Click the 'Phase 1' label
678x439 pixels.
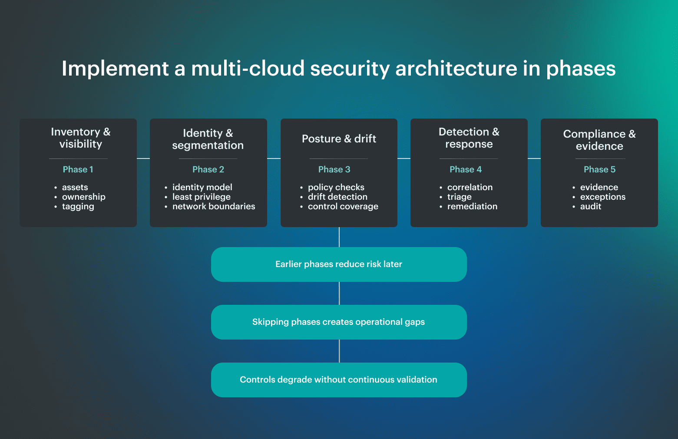click(x=78, y=169)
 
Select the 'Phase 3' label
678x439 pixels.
click(x=334, y=169)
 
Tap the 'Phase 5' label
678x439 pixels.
click(x=599, y=169)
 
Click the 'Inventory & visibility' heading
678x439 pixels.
click(x=81, y=138)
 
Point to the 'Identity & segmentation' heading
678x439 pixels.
click(x=208, y=139)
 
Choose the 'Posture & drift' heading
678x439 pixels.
click(x=339, y=139)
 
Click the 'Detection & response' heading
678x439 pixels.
click(x=469, y=138)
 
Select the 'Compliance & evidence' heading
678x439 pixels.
click(x=599, y=140)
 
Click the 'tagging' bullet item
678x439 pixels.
click(x=78, y=207)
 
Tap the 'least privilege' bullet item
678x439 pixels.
click(x=202, y=197)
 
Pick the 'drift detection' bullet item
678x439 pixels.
click(x=337, y=197)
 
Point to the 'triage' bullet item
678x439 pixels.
click(x=460, y=197)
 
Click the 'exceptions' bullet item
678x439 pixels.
click(x=603, y=197)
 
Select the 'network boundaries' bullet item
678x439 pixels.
click(x=214, y=207)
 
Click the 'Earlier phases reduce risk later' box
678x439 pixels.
click(x=339, y=264)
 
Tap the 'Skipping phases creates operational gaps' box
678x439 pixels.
click(x=339, y=322)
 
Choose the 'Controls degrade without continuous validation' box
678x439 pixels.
click(x=339, y=380)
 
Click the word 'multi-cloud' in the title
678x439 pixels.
click(x=248, y=69)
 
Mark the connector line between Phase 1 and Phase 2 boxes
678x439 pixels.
click(x=143, y=158)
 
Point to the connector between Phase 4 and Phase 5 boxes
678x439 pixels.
click(x=534, y=158)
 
